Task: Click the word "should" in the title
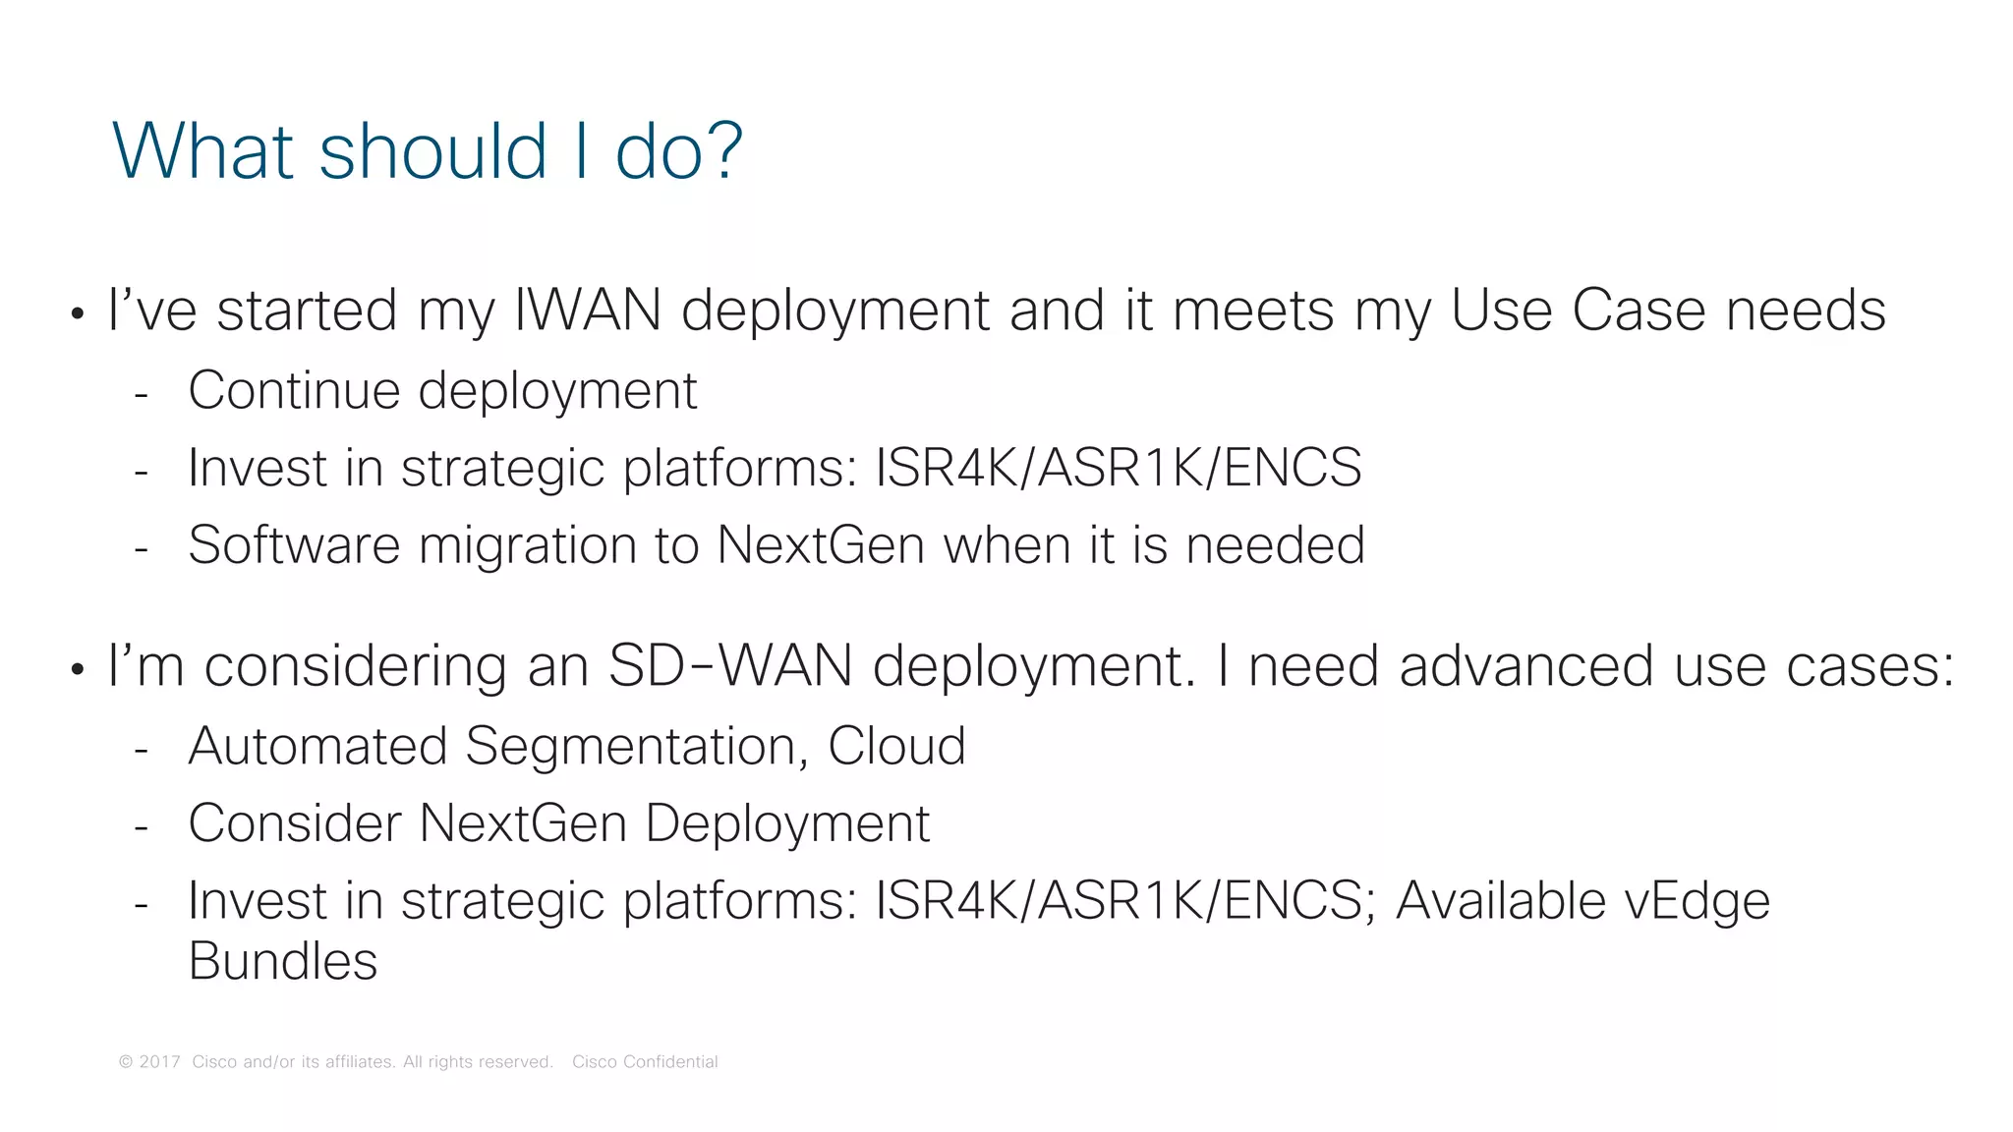click(x=432, y=151)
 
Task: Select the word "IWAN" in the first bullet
click(x=587, y=311)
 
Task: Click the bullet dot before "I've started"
click(x=78, y=315)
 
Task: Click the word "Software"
click(x=294, y=544)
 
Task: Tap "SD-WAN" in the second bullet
click(x=729, y=666)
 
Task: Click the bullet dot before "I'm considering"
click(x=78, y=671)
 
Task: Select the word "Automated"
click(x=317, y=746)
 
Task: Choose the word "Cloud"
click(x=896, y=746)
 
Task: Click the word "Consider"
click(x=295, y=823)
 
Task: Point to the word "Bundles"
click(x=283, y=961)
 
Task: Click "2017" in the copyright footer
click(x=160, y=1062)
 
